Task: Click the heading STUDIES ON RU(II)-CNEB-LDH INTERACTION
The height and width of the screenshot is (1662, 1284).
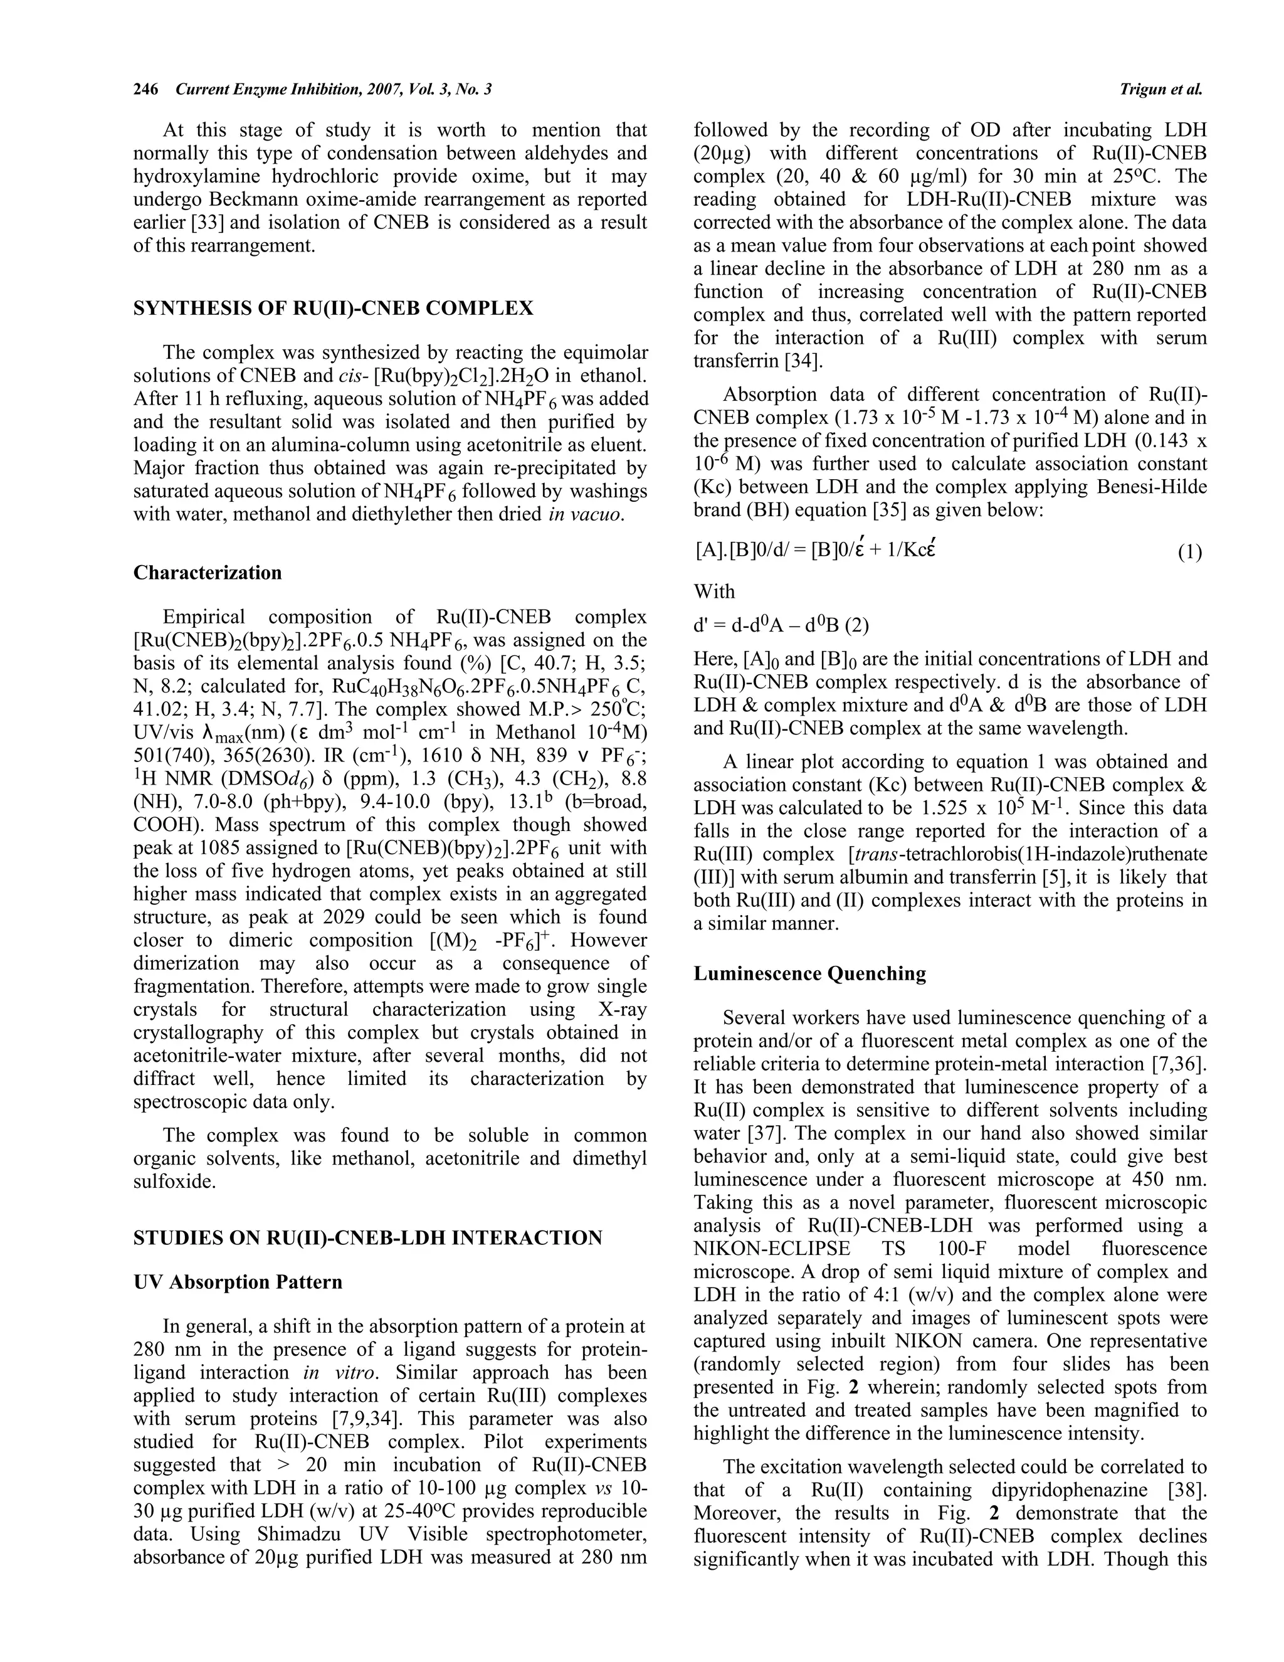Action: pyautogui.click(x=367, y=1238)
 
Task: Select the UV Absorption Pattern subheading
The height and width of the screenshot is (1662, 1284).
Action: pyautogui.click(x=238, y=1283)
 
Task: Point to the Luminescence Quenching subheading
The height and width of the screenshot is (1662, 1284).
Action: pyautogui.click(x=809, y=974)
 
